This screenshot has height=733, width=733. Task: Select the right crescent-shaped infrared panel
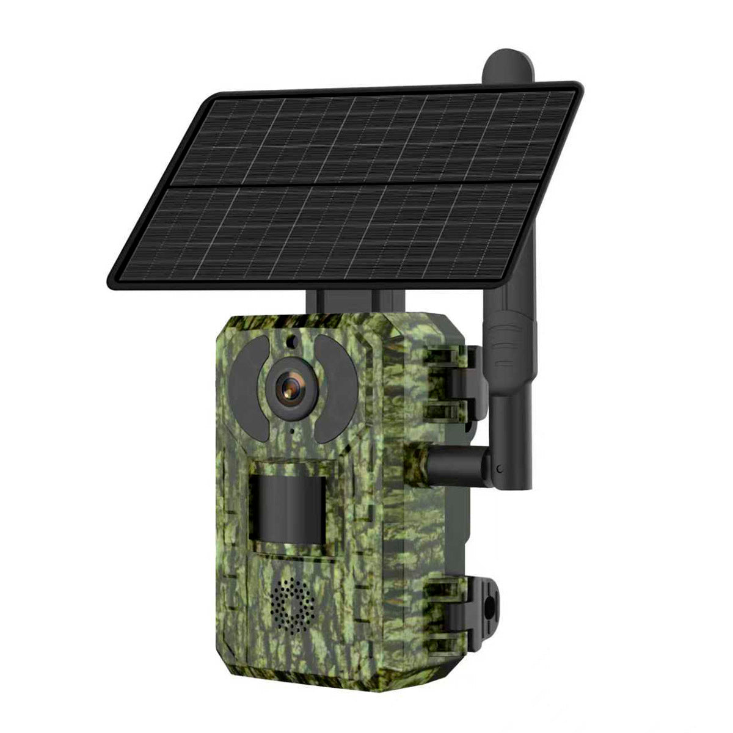[334, 391]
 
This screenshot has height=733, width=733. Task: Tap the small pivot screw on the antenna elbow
[501, 469]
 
